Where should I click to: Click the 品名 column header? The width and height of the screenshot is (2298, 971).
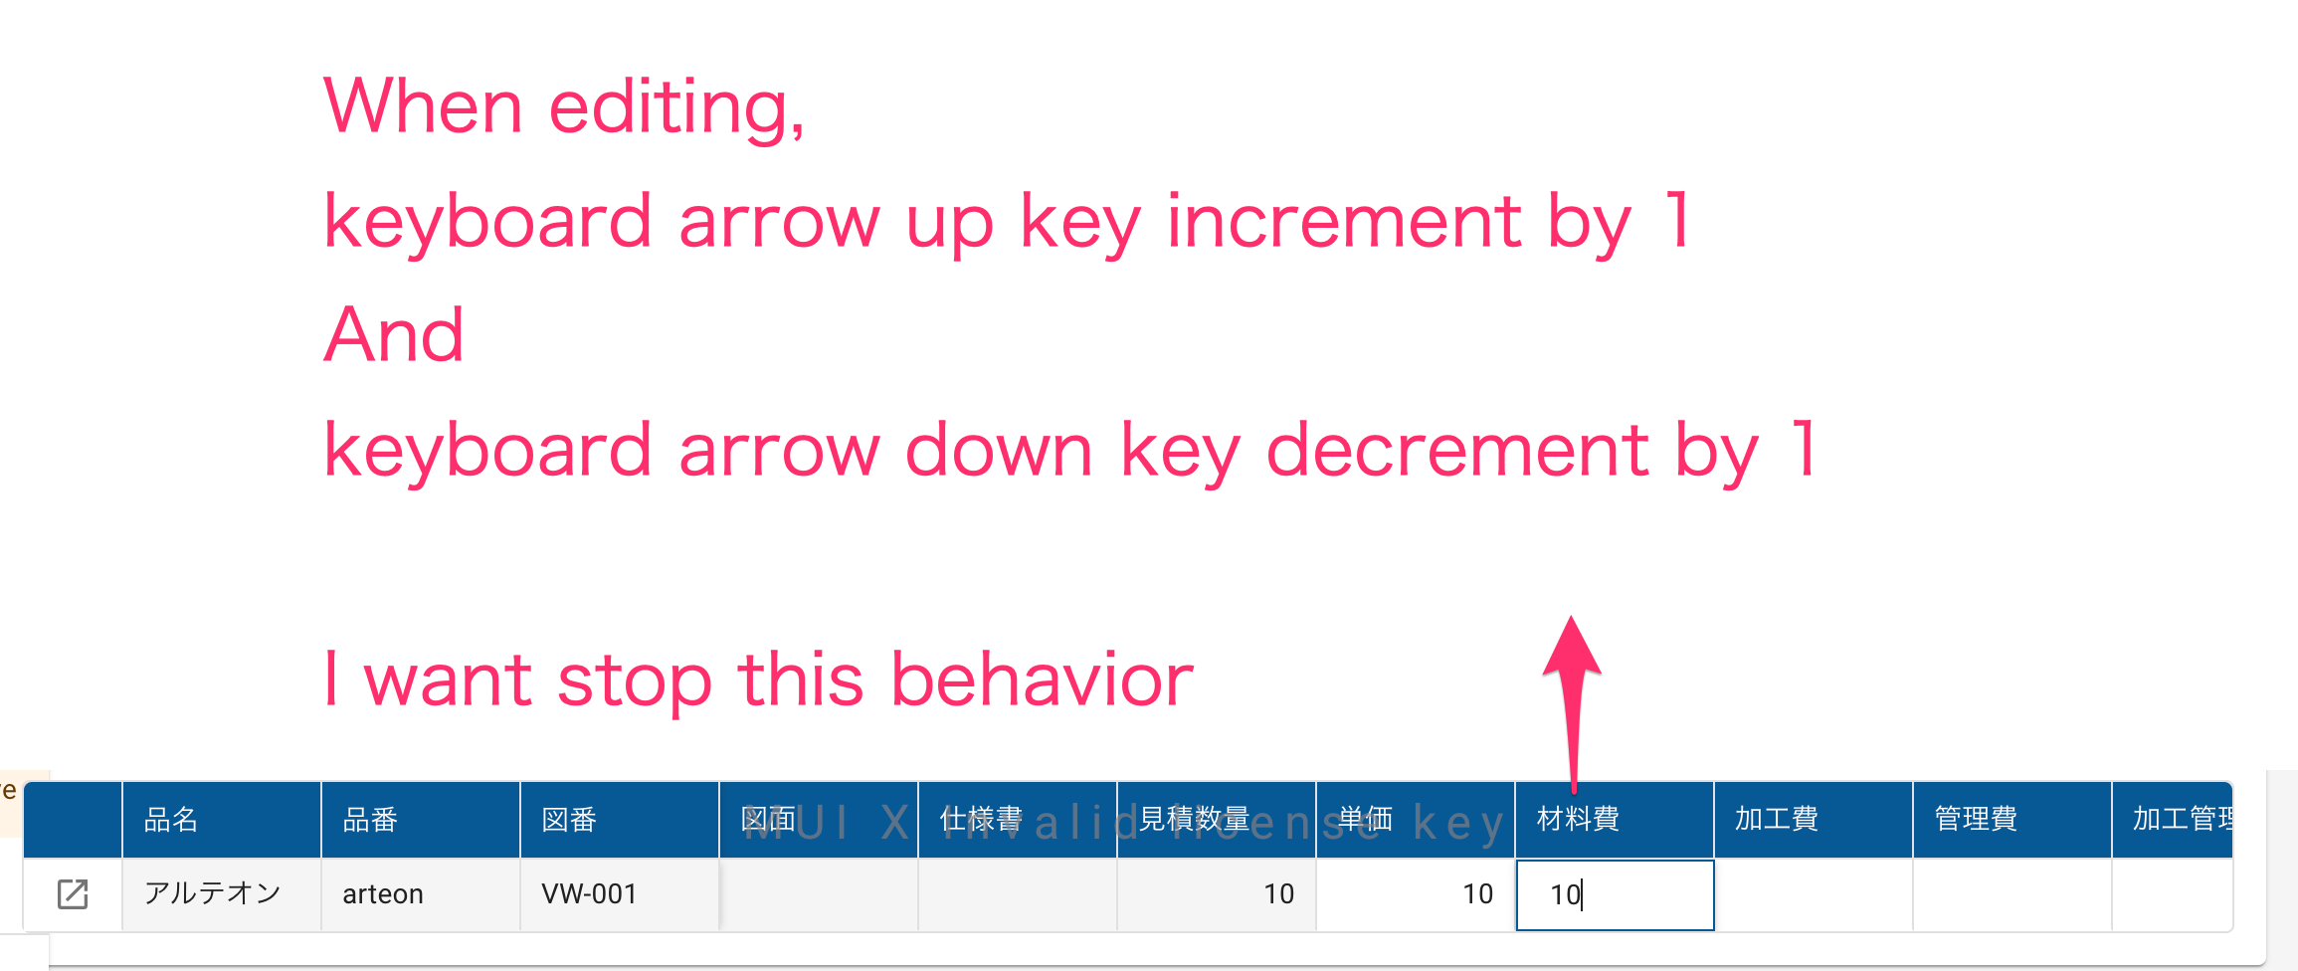tap(171, 819)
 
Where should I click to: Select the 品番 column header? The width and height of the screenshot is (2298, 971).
tap(370, 819)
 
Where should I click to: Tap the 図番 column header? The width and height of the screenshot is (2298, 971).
tap(569, 819)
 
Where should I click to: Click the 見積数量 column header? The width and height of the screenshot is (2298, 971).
tap(1194, 819)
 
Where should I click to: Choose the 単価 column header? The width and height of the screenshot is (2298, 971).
tap(1365, 819)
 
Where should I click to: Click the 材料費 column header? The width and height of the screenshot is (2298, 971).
tap(1578, 819)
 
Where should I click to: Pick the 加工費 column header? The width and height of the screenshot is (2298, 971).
tap(1777, 819)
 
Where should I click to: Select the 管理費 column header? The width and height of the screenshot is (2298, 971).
tap(1976, 819)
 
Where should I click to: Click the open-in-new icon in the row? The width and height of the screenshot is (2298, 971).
tap(73, 894)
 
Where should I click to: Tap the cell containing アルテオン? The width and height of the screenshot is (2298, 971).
tap(213, 893)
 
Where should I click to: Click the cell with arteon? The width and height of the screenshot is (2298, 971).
tap(383, 894)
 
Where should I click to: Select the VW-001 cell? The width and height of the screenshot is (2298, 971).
tap(589, 894)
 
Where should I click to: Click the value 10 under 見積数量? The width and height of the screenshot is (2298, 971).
tap(1278, 894)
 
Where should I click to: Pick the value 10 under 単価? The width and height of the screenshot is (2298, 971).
tap(1477, 894)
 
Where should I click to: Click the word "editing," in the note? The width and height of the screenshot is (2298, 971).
tap(676, 107)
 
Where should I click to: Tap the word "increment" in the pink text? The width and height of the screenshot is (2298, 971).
tap(1344, 222)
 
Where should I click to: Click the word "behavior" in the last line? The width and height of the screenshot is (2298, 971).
tap(1042, 680)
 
